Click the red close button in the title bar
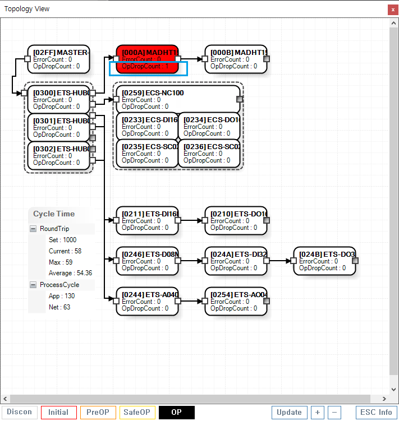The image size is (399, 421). click(x=392, y=10)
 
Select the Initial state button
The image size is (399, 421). click(x=58, y=413)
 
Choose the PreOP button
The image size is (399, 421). click(x=98, y=413)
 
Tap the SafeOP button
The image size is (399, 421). click(x=137, y=413)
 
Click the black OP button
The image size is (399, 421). click(x=176, y=413)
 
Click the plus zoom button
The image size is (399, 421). click(x=318, y=413)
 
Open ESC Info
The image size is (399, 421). click(x=377, y=413)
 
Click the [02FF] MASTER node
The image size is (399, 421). click(x=58, y=59)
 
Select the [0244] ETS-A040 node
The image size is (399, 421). click(x=147, y=302)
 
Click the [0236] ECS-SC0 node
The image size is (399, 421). click(x=209, y=154)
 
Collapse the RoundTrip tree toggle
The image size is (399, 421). click(x=33, y=229)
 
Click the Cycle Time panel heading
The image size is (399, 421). click(x=54, y=214)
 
